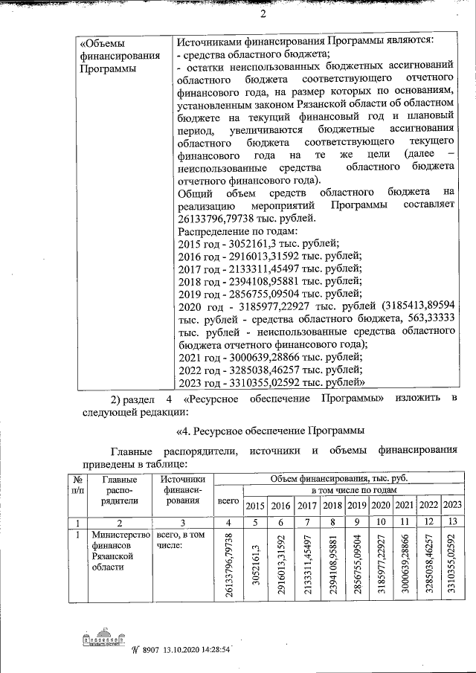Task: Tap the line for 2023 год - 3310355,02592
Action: [x=271, y=382]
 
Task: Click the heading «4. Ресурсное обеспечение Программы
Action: [x=270, y=431]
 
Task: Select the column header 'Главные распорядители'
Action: [x=119, y=490]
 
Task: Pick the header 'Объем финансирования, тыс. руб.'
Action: [x=339, y=478]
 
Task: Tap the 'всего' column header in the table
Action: [x=228, y=500]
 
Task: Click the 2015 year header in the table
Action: [x=255, y=506]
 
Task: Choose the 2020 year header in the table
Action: [x=381, y=506]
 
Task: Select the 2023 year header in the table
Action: [x=451, y=506]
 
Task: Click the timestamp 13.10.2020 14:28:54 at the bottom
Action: [x=189, y=649]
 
